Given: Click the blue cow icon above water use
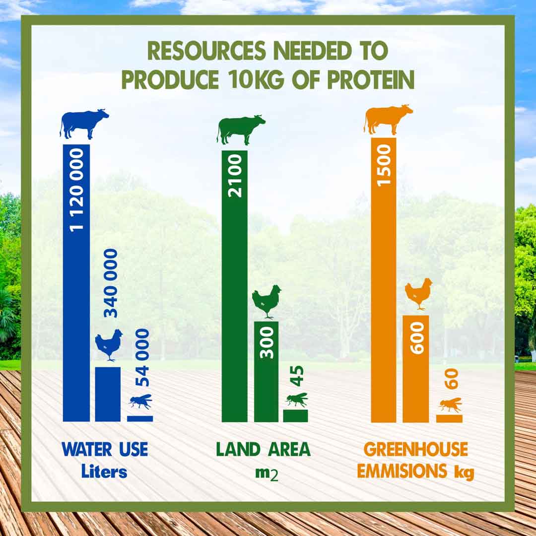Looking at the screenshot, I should tap(84, 124).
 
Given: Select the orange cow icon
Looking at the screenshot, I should tap(388, 119).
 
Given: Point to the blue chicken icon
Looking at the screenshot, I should tap(109, 344).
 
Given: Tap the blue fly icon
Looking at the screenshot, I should tap(140, 401).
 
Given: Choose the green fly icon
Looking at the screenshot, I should tap(296, 399).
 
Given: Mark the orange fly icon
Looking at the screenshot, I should tap(450, 404).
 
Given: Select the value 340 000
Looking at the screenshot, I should tap(111, 283).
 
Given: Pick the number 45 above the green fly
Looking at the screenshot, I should tap(297, 376).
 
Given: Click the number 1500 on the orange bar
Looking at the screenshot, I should tap(384, 164).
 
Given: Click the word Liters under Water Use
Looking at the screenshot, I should tap(104, 471).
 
